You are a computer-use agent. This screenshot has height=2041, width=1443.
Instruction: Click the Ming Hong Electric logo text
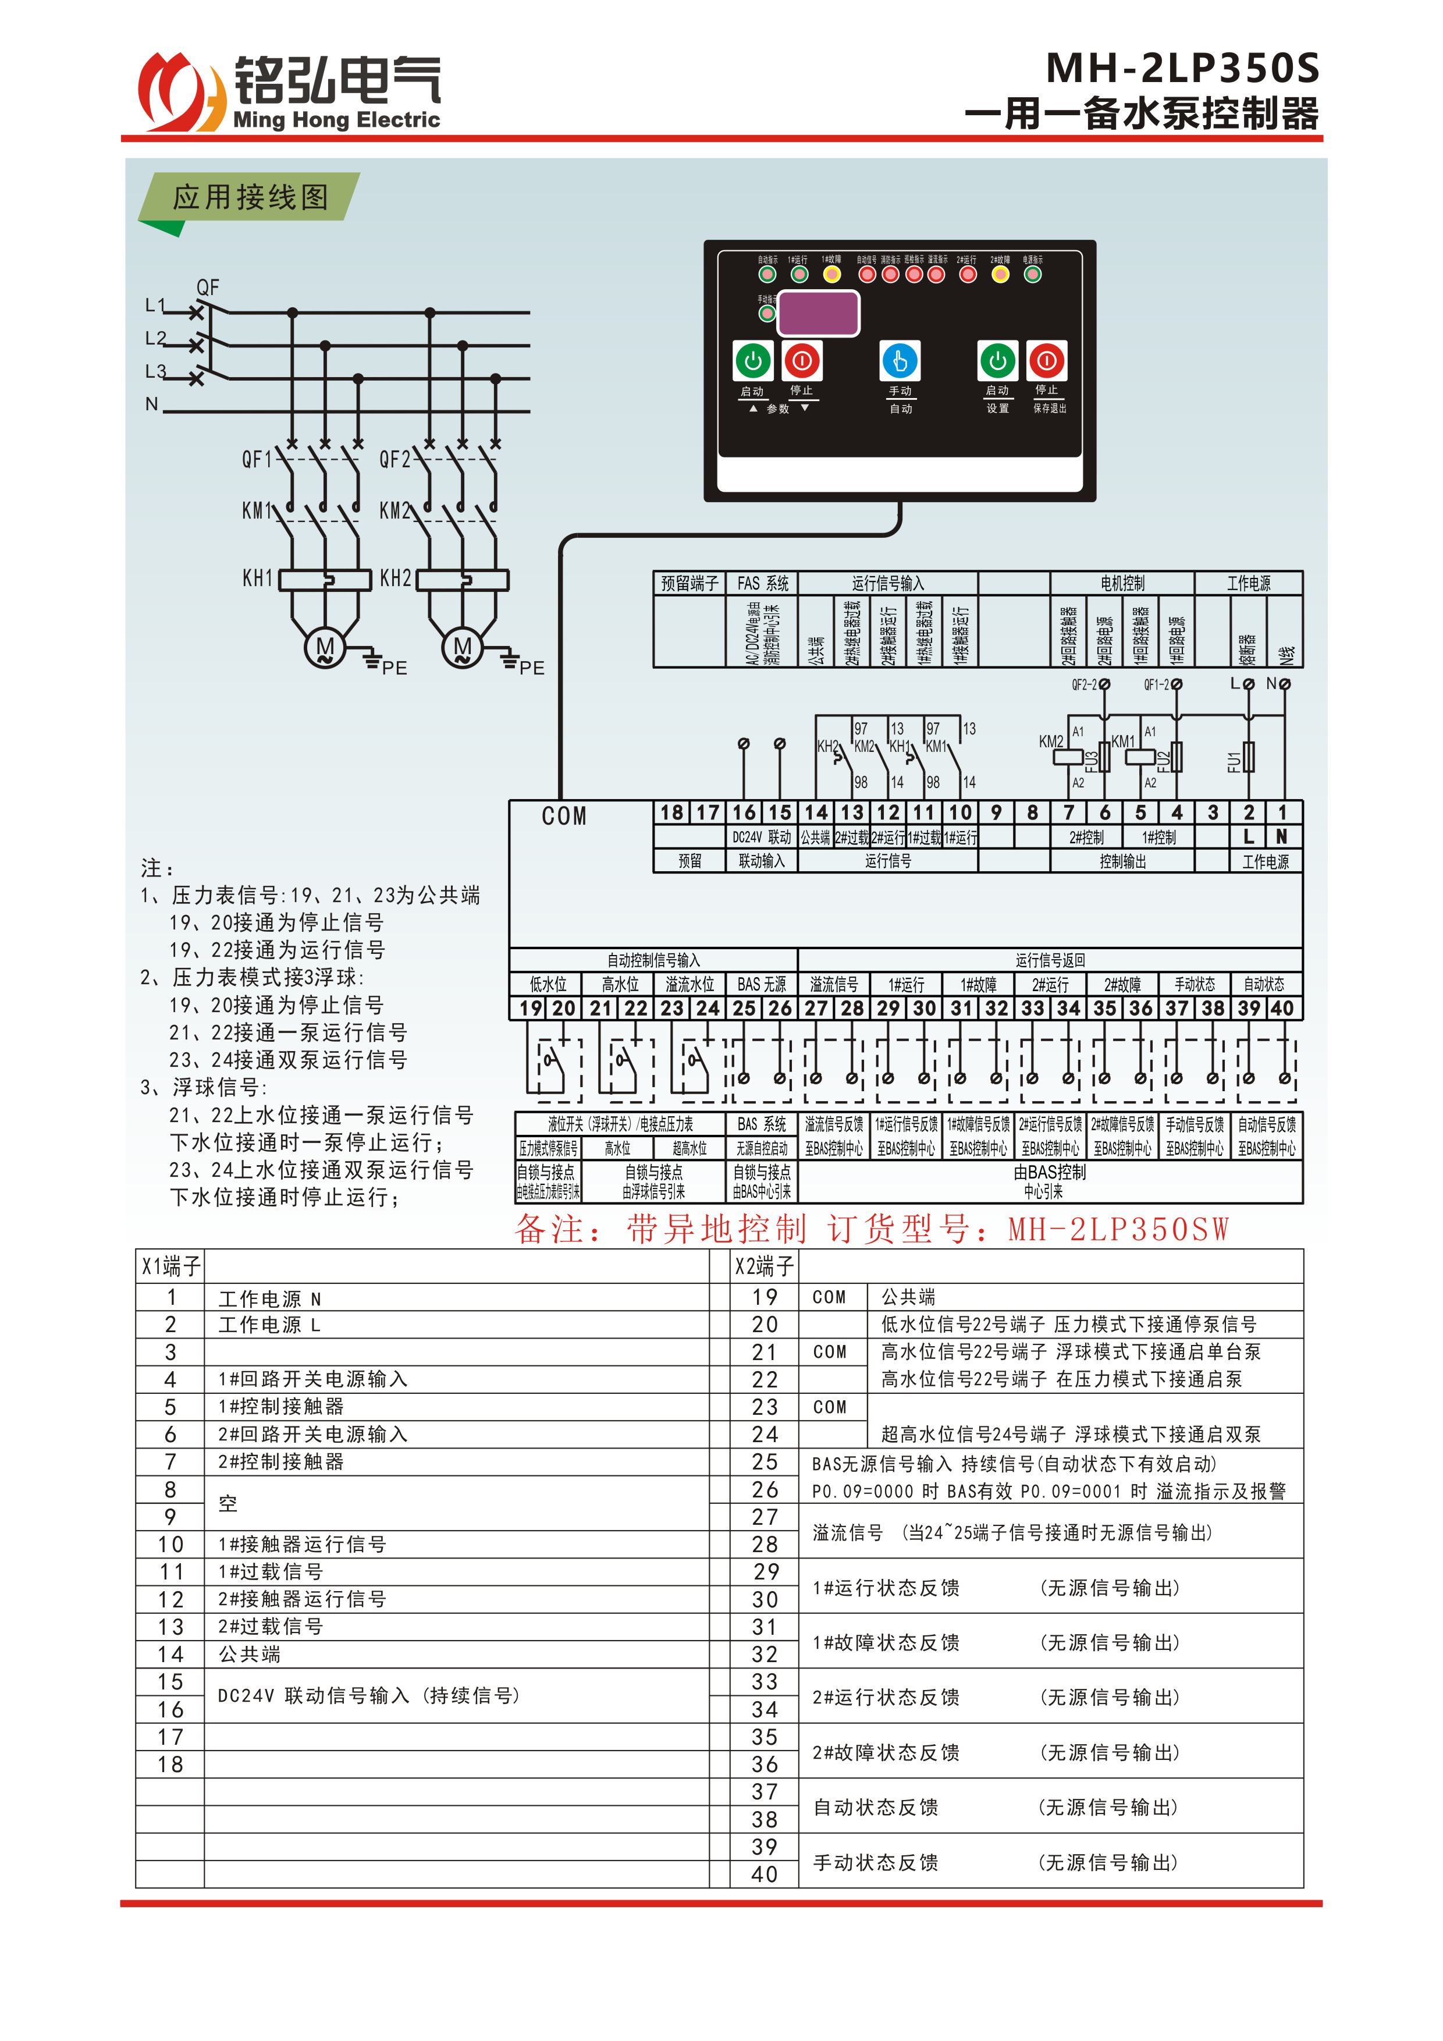(x=336, y=120)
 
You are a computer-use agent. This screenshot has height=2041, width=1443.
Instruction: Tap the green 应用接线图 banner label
(x=251, y=197)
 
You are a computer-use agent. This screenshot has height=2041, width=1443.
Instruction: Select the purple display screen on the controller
(x=818, y=313)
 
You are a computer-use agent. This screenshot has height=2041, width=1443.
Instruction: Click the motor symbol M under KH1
(x=325, y=648)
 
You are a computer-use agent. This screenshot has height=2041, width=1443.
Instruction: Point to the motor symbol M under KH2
(x=462, y=648)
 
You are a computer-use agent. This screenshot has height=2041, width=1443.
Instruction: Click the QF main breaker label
(x=208, y=287)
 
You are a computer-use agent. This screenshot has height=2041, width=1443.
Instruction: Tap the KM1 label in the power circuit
(x=256, y=510)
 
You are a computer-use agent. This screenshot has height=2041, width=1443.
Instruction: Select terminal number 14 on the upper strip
(x=816, y=812)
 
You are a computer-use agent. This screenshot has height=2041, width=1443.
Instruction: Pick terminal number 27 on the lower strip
(x=816, y=1008)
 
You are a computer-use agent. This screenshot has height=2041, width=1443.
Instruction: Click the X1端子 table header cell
(x=170, y=1266)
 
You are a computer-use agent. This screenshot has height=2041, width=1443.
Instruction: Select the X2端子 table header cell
(x=764, y=1266)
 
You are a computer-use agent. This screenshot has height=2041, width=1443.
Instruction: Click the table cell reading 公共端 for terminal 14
(x=250, y=1655)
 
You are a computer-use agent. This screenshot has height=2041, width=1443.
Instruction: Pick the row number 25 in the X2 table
(x=764, y=1463)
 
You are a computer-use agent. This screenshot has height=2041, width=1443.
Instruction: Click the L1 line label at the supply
(x=155, y=306)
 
